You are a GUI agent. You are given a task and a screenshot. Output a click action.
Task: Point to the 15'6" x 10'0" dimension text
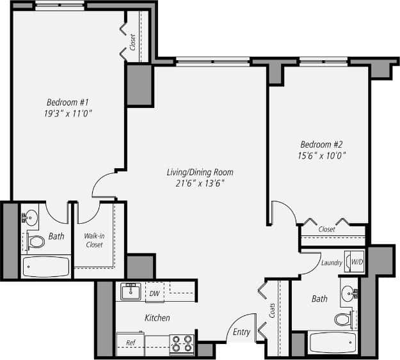click(x=322, y=155)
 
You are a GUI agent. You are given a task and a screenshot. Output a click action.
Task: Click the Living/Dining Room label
click(x=200, y=172)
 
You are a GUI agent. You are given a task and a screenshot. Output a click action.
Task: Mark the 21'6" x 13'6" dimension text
click(x=200, y=184)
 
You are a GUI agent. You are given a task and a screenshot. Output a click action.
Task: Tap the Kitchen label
click(x=157, y=318)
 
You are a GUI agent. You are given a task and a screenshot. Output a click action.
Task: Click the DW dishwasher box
click(x=154, y=293)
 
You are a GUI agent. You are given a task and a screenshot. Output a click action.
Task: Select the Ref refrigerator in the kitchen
click(x=130, y=343)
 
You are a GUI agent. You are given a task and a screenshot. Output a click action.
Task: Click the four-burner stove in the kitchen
click(x=181, y=344)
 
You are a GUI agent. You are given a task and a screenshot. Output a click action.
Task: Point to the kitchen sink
click(x=131, y=292)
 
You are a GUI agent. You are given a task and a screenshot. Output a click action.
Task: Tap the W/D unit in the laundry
click(x=355, y=262)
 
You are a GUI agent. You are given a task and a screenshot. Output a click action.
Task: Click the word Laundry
click(x=332, y=262)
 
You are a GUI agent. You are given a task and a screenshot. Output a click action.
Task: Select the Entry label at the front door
click(x=241, y=332)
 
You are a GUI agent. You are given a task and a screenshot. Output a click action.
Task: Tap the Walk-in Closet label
click(x=94, y=240)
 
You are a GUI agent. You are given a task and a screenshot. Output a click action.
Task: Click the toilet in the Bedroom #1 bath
click(x=36, y=242)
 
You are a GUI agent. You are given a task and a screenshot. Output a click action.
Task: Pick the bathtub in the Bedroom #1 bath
click(x=46, y=266)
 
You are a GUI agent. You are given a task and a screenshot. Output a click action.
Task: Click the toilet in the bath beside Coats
click(x=343, y=318)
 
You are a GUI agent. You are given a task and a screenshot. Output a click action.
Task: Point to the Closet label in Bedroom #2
click(x=326, y=229)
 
